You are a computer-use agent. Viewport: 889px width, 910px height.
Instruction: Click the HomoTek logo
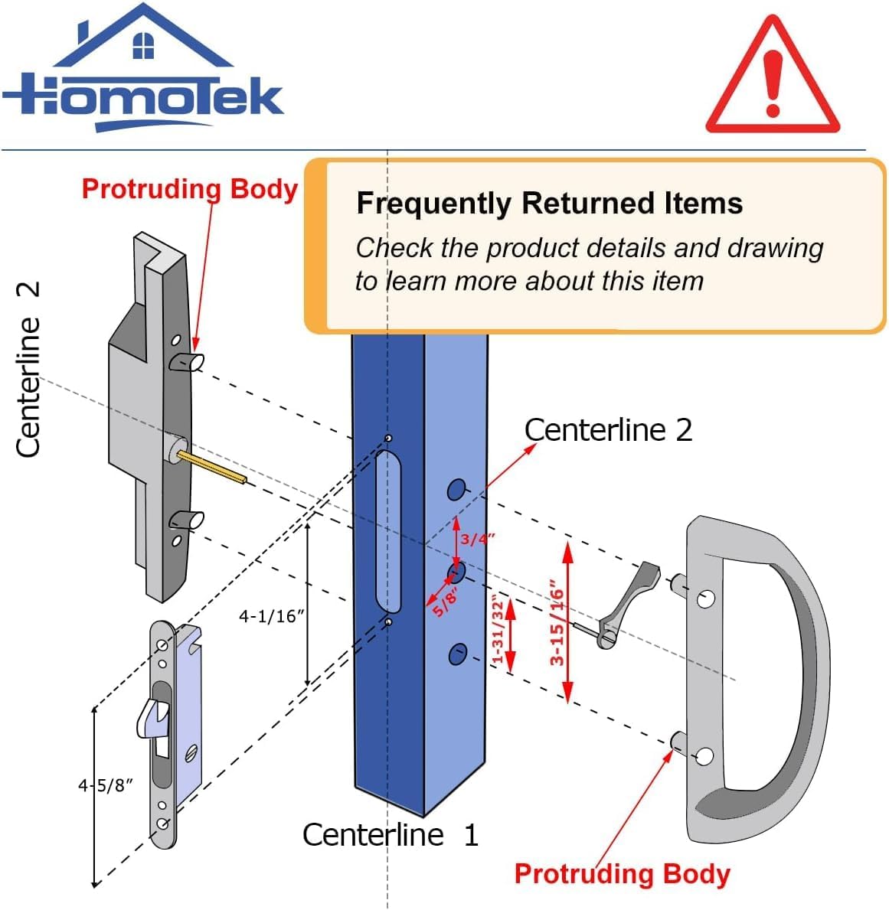pyautogui.click(x=143, y=73)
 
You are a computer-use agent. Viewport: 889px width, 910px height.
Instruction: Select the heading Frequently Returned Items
pyautogui.click(x=549, y=204)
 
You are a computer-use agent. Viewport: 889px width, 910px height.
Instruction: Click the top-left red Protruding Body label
pyautogui.click(x=189, y=188)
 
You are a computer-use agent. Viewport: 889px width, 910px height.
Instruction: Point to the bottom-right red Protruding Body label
pyautogui.click(x=622, y=873)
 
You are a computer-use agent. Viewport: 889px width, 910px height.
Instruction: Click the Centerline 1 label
pyautogui.click(x=390, y=834)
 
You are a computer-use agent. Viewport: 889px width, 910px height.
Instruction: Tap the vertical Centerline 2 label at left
pyautogui.click(x=28, y=370)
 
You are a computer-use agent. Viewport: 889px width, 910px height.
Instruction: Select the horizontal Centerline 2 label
pyautogui.click(x=608, y=430)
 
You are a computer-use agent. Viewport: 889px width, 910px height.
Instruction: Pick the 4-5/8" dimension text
pyautogui.click(x=106, y=785)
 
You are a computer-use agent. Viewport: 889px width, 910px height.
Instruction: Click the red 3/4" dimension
pyautogui.click(x=477, y=539)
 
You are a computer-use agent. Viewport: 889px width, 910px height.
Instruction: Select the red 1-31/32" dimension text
pyautogui.click(x=498, y=631)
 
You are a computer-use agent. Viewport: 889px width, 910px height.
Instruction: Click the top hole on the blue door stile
pyautogui.click(x=456, y=489)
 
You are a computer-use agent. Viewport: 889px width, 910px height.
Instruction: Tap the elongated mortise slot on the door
pyautogui.click(x=389, y=532)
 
